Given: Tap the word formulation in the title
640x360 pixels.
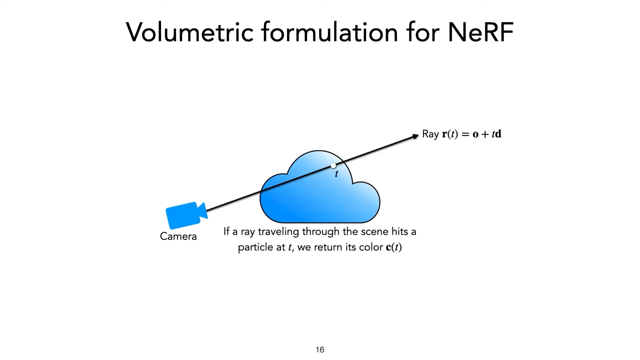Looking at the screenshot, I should click(x=329, y=32).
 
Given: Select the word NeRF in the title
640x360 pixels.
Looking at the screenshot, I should click(x=480, y=32).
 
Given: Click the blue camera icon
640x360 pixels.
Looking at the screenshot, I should click(x=185, y=215).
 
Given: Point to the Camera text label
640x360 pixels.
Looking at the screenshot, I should click(x=178, y=236).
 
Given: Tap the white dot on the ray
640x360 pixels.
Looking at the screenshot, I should click(x=333, y=166).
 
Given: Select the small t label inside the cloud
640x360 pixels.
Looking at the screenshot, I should click(x=336, y=174).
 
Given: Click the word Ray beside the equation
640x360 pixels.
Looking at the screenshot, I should click(x=430, y=134).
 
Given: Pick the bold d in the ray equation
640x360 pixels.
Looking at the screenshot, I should click(x=498, y=134).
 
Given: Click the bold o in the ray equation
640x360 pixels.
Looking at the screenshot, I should click(x=475, y=134).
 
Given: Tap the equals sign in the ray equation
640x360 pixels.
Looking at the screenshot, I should click(x=465, y=134).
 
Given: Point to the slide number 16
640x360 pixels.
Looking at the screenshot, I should click(x=320, y=350).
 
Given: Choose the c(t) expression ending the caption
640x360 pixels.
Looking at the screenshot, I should click(x=394, y=247).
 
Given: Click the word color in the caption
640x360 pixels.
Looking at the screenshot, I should click(x=371, y=247).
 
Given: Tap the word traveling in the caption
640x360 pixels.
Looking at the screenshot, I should click(x=278, y=232).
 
